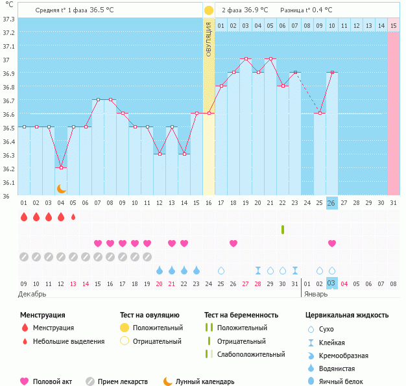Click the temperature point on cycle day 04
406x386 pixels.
[61, 167]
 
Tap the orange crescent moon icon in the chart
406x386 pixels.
[62, 189]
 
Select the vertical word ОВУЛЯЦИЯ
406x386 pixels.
[208, 39]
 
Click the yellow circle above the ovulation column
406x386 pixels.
[209, 10]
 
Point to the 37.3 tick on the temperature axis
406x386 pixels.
[9, 19]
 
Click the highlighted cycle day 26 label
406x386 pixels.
[331, 203]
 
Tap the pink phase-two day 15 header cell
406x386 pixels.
[394, 26]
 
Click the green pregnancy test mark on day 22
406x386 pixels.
[283, 230]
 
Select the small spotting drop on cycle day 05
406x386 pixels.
[73, 217]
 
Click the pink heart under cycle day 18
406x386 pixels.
[233, 243]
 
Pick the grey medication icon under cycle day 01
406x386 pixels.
[24, 257]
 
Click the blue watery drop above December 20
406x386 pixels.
[160, 271]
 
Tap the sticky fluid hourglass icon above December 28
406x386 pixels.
[258, 271]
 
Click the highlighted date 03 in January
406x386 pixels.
[331, 283]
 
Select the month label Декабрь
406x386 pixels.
[32, 295]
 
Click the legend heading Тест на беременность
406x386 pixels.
[241, 315]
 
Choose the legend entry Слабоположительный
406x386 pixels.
[251, 354]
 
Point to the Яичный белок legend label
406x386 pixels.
[340, 381]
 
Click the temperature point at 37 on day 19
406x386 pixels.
[246, 59]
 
